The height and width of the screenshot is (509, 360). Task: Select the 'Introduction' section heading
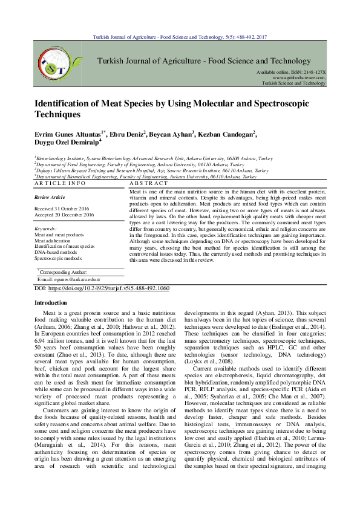[51, 302]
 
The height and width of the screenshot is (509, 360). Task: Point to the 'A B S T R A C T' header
[149, 183]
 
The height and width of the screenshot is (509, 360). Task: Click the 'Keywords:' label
[46, 229]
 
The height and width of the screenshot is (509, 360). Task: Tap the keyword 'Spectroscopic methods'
[58, 258]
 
